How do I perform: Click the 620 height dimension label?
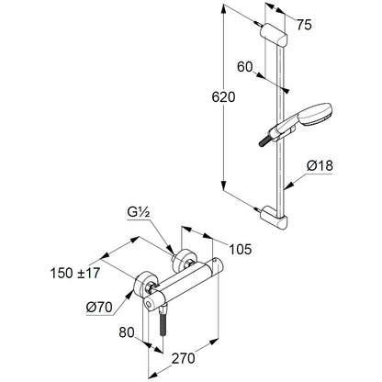click(223, 97)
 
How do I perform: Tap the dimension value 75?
click(304, 25)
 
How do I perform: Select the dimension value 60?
click(245, 67)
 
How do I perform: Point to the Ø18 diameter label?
click(320, 165)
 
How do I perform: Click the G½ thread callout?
click(139, 213)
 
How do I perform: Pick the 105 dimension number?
click(241, 249)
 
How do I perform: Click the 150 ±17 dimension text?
click(75, 273)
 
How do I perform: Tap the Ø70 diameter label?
click(99, 307)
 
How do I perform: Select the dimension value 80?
click(127, 332)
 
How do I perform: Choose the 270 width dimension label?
click(183, 358)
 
